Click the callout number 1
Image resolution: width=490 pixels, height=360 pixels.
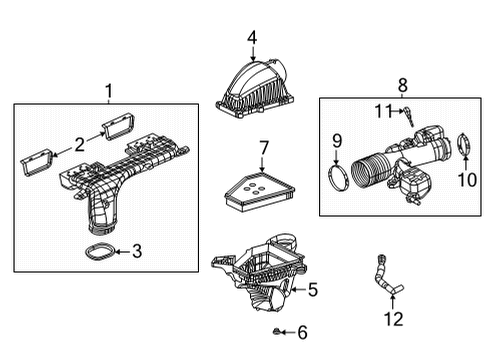[109, 91]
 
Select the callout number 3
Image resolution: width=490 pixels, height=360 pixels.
[136, 251]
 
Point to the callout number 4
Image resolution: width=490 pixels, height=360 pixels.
[252, 38]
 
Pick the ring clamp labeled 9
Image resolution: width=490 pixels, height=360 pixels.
[339, 177]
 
